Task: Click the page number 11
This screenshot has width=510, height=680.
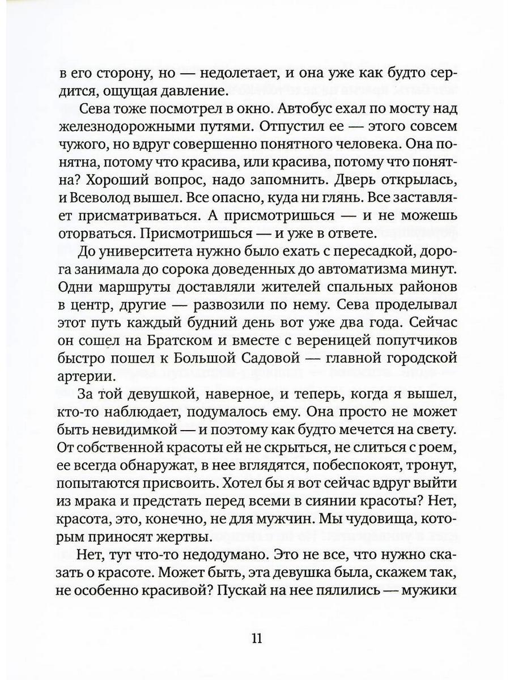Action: click(x=256, y=638)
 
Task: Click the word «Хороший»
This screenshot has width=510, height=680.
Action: click(x=105, y=181)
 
